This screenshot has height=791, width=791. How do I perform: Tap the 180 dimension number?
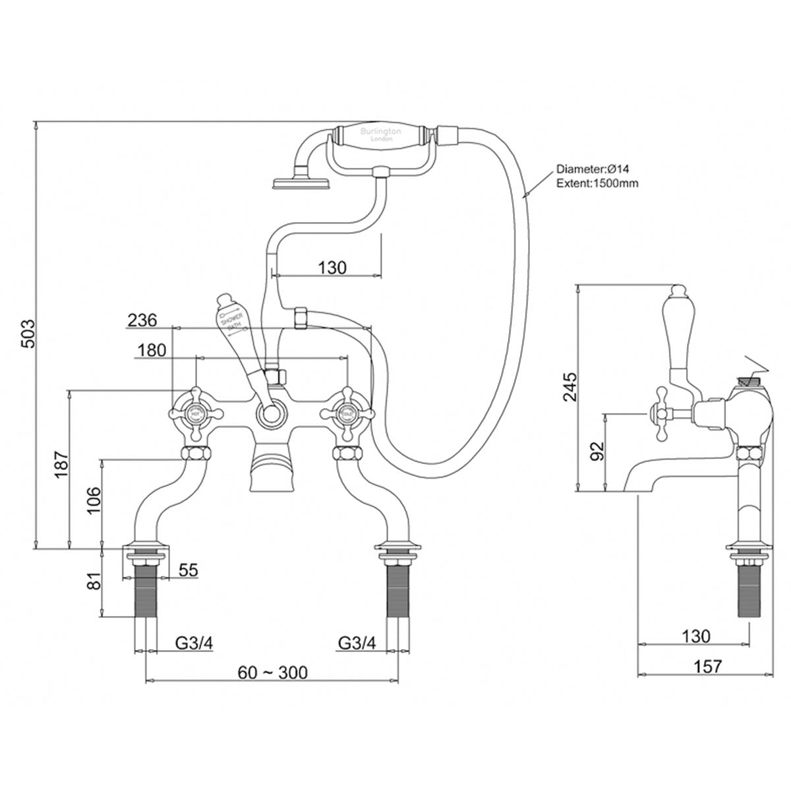tap(152, 350)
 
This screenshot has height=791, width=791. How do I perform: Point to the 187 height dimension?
tap(60, 469)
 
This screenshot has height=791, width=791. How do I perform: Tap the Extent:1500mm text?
tap(597, 183)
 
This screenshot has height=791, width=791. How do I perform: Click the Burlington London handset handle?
tap(380, 136)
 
